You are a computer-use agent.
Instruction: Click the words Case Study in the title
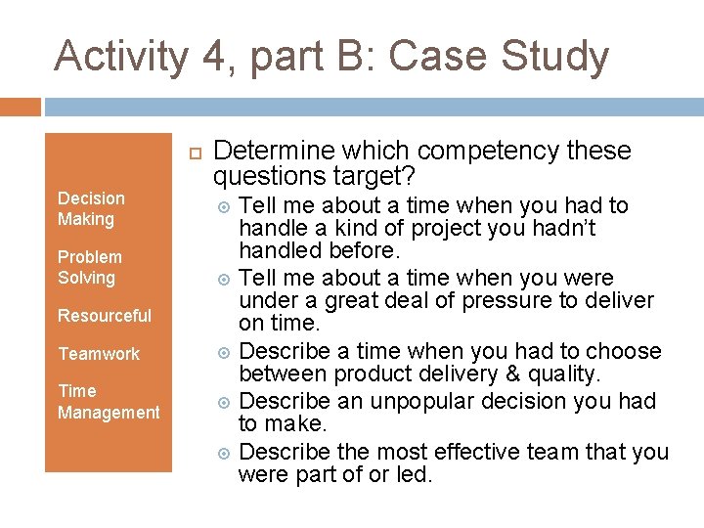500,57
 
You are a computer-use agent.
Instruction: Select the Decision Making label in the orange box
91,209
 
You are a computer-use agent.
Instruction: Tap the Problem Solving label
89,267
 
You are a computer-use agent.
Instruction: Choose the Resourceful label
105,316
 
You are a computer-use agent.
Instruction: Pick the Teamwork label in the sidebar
99,354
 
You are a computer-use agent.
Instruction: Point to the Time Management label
108,402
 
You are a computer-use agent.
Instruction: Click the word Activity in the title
120,57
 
